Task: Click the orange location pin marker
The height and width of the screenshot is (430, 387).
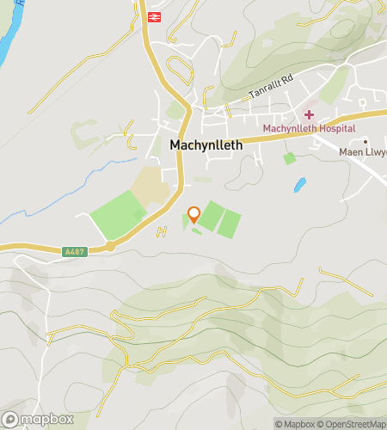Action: click(193, 214)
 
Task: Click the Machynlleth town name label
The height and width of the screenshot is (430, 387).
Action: click(206, 145)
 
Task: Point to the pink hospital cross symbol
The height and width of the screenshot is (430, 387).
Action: click(308, 114)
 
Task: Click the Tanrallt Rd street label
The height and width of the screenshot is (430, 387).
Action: click(271, 88)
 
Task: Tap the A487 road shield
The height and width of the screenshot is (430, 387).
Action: click(75, 252)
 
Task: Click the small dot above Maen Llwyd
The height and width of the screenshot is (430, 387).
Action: click(365, 141)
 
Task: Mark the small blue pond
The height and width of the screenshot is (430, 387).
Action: click(299, 184)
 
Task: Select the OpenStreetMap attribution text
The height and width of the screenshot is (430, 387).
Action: click(353, 423)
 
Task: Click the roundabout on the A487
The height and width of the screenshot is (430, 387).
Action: click(111, 247)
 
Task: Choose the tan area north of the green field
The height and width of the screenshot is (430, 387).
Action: click(150, 185)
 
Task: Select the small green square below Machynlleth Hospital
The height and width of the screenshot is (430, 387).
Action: click(289, 158)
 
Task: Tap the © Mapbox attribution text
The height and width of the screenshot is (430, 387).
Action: click(294, 423)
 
